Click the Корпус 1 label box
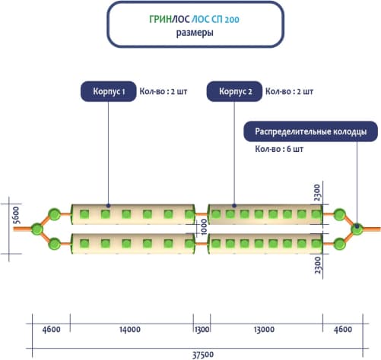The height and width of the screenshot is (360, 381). (x=109, y=91)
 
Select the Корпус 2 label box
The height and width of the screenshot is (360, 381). (x=234, y=91)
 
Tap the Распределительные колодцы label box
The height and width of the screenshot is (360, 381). (x=311, y=131)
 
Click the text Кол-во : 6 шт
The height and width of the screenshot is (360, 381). (x=279, y=149)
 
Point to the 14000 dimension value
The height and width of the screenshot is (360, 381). (x=130, y=330)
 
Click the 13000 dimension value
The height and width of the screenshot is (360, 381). (x=264, y=330)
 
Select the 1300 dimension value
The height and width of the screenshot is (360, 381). (x=202, y=330)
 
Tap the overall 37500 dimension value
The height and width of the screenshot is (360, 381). (x=202, y=355)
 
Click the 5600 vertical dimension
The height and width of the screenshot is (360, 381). (x=16, y=215)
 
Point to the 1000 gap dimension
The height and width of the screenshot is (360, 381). (x=204, y=227)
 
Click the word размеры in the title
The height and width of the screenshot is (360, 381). (x=195, y=33)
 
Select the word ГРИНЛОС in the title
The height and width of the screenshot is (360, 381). (x=169, y=19)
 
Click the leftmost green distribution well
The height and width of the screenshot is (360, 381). (x=37, y=229)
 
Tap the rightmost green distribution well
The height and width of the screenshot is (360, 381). (x=357, y=229)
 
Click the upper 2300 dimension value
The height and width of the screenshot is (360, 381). (x=317, y=193)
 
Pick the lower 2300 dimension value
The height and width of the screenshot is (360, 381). (x=317, y=265)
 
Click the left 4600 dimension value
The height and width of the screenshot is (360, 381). (x=52, y=330)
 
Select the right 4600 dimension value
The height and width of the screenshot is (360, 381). (x=343, y=330)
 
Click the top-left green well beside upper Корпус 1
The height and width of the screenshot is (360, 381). (x=54, y=214)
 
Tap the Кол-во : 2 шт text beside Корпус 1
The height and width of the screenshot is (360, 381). (x=164, y=91)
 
